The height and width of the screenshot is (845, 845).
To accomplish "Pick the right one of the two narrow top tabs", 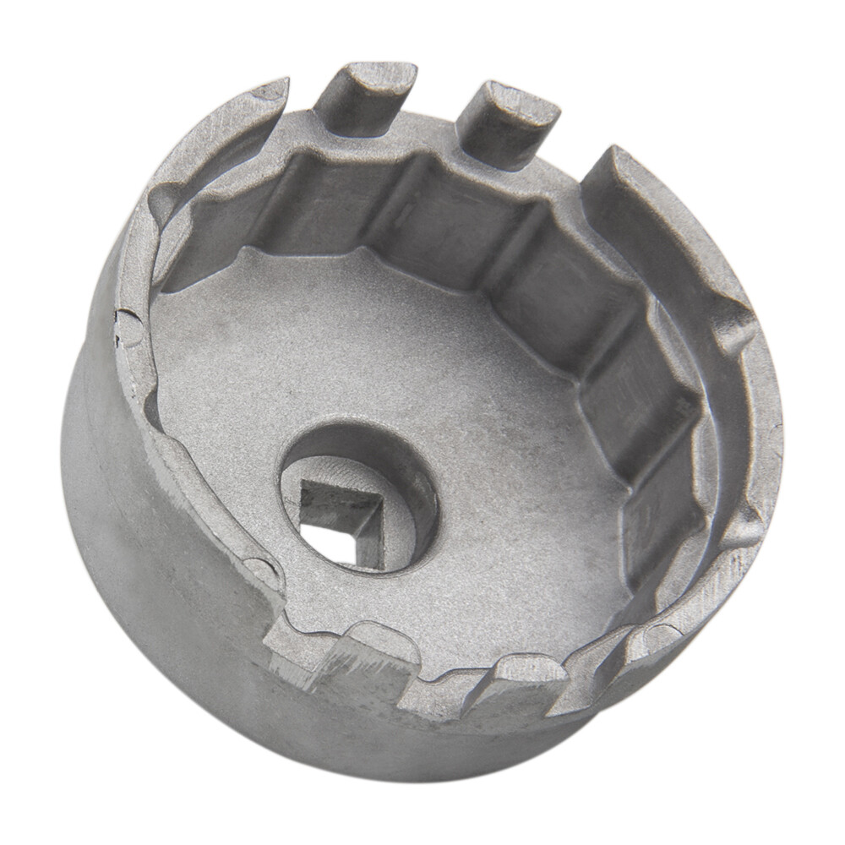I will click(x=507, y=118).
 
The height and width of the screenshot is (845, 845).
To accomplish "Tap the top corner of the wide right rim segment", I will click(x=615, y=156).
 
